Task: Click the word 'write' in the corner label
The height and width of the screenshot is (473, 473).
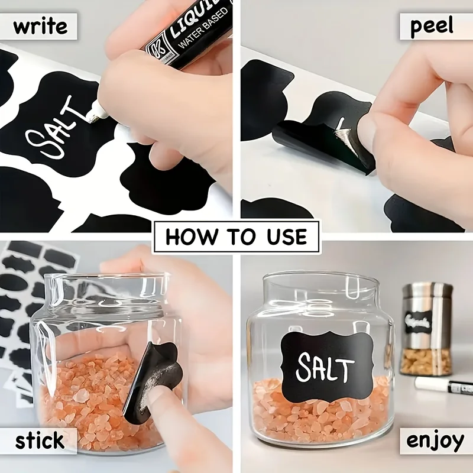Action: (40, 26)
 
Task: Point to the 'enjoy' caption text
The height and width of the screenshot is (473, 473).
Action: (434, 440)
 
